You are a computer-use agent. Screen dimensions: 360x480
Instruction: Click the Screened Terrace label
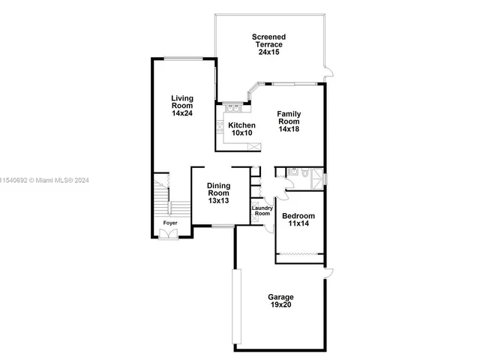click(x=268, y=40)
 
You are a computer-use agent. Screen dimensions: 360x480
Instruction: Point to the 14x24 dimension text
click(x=182, y=113)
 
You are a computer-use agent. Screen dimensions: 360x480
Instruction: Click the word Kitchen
click(x=241, y=124)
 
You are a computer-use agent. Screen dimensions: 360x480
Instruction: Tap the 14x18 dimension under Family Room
click(x=289, y=129)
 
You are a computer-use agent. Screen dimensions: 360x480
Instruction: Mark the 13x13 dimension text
click(x=219, y=201)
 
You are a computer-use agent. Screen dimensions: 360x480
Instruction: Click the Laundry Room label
click(x=261, y=211)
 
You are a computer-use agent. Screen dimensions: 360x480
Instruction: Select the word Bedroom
click(x=298, y=217)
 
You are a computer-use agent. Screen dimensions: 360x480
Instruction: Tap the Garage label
click(x=281, y=297)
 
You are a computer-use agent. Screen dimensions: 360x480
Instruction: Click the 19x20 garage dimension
click(x=281, y=306)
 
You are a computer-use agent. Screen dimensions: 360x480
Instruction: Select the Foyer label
click(x=171, y=223)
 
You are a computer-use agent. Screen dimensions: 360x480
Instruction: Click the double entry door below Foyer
click(x=170, y=234)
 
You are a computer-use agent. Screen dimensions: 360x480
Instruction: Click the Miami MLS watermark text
click(x=45, y=180)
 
